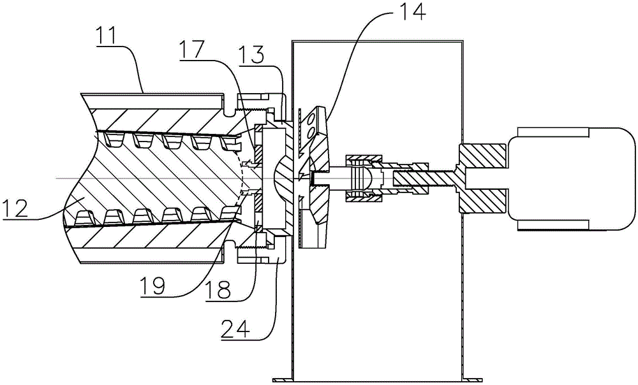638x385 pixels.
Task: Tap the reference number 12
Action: [x=14, y=209]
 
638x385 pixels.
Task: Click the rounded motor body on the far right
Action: [x=570, y=179]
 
